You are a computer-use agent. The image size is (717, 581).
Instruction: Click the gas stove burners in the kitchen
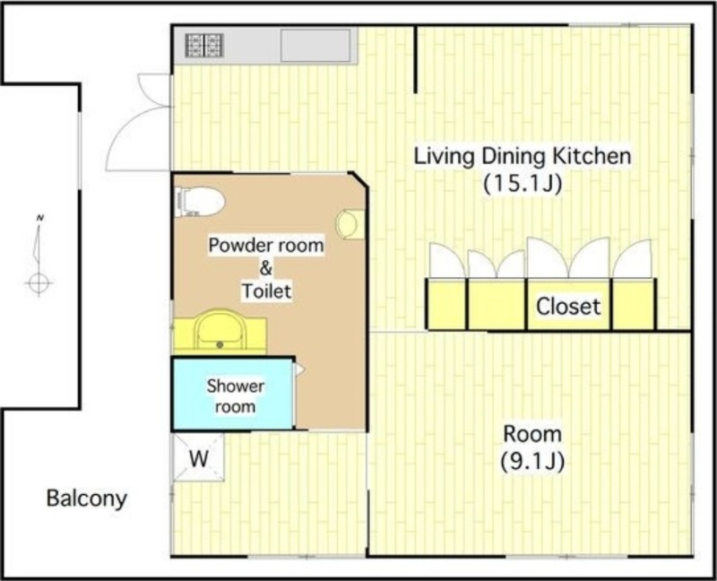[x=204, y=46]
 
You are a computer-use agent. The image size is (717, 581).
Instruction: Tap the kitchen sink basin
[x=315, y=45]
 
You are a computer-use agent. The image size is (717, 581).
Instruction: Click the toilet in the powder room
[x=200, y=202]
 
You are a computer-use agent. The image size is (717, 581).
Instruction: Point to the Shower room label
[x=235, y=396]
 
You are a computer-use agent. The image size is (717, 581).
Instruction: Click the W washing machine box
[x=198, y=457]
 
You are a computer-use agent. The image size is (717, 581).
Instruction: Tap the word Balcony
[x=86, y=499]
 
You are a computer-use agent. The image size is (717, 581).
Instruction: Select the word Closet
[x=568, y=306]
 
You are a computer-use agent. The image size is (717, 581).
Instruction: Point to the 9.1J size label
[x=532, y=462]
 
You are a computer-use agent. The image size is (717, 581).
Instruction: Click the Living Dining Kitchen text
[x=523, y=156]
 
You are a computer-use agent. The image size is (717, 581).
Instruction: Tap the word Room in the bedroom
[x=532, y=433]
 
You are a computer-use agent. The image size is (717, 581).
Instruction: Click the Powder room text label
[x=266, y=245]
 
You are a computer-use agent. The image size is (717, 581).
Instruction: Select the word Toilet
[x=266, y=291]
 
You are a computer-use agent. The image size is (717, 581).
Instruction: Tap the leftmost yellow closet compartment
[x=446, y=304]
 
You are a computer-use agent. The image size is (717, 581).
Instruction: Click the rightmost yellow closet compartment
[x=634, y=304]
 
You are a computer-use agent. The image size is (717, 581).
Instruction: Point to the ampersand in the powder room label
[x=266, y=268]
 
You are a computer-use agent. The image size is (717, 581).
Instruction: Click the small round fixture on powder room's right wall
[x=350, y=224]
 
